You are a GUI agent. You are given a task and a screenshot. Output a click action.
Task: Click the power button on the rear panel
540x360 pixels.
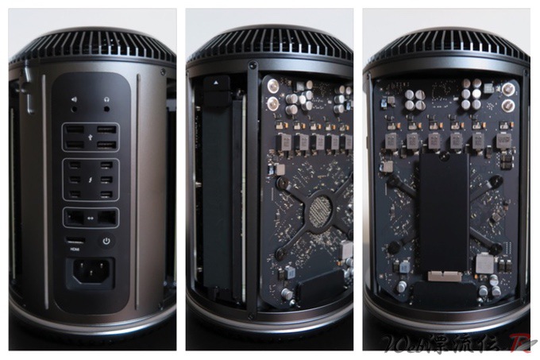pyautogui.click(x=106, y=241)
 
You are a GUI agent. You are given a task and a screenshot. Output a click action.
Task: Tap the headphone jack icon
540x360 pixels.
pyautogui.click(x=106, y=101)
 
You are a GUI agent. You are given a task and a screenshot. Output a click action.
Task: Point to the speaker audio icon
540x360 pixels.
pyautogui.click(x=75, y=101)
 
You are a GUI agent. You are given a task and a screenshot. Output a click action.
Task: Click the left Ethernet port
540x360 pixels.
pyautogui.click(x=75, y=215)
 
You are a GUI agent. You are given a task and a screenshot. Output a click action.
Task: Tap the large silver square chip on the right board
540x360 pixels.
pyautogui.click(x=482, y=262)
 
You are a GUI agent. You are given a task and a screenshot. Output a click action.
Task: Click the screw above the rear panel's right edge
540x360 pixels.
pyautogui.click(x=163, y=72)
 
